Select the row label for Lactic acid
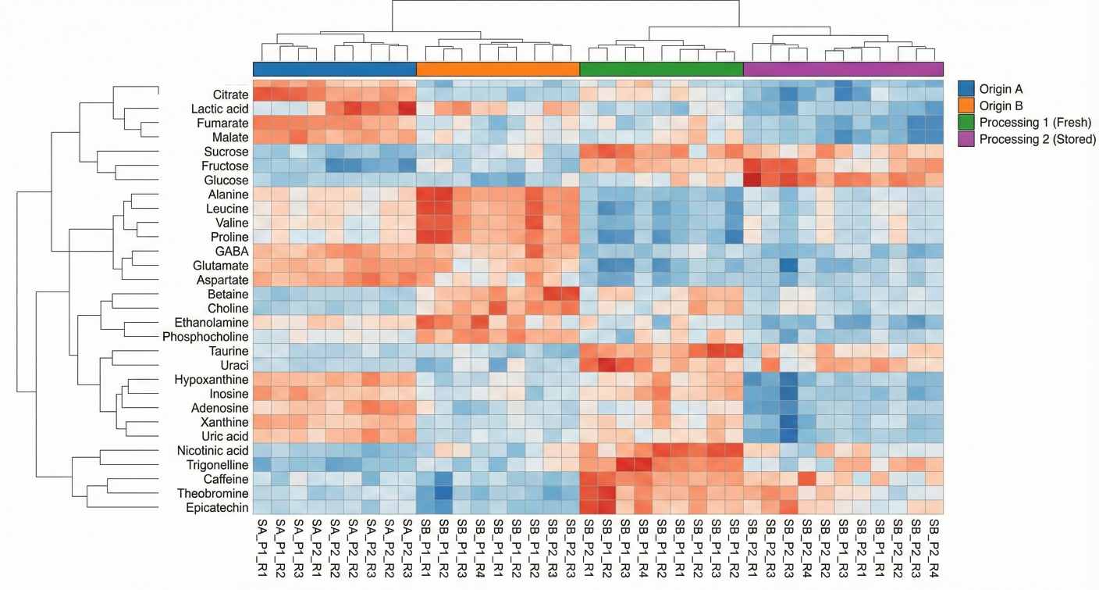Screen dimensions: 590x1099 220,109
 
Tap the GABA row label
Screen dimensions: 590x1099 233,252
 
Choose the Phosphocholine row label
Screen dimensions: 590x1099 205,337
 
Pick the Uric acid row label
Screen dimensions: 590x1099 224,436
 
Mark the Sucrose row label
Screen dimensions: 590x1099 228,152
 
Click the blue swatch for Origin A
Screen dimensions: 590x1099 966,88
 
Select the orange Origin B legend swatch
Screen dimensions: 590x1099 966,105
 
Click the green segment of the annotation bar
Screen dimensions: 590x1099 661,69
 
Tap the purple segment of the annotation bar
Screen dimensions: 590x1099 843,69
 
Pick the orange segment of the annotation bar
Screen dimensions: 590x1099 498,69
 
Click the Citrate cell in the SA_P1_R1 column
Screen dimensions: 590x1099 261,95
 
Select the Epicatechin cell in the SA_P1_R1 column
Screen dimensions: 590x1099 261,508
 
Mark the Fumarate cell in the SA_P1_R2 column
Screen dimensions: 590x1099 279,123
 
